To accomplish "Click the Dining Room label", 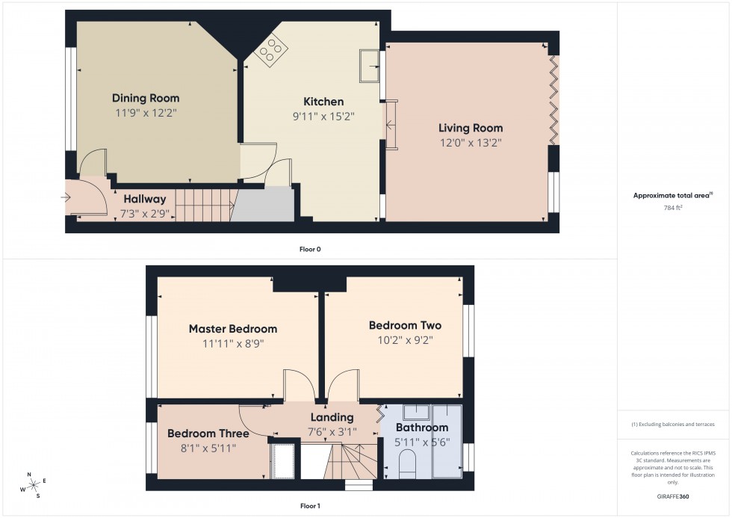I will tap(146, 98).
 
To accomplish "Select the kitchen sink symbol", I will tap(369, 65).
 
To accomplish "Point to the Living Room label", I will tap(471, 128).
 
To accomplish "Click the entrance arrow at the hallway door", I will tap(66, 198).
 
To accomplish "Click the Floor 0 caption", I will tap(310, 249).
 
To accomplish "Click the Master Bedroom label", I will tap(232, 329).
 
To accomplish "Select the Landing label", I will tap(332, 417).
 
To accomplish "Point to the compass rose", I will tap(33, 484).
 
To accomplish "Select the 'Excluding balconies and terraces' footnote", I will tap(673, 424).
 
